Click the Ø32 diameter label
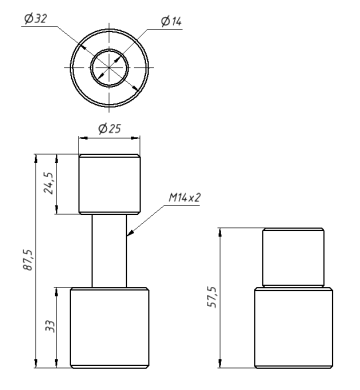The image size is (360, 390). [35, 19]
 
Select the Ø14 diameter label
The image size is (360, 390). [171, 21]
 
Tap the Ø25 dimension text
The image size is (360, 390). [109, 128]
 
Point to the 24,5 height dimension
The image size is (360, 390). [49, 184]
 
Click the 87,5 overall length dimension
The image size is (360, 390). [28, 260]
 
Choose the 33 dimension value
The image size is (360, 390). [49, 326]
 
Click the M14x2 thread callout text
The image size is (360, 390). [184, 198]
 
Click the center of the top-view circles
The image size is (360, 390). [109, 67]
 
